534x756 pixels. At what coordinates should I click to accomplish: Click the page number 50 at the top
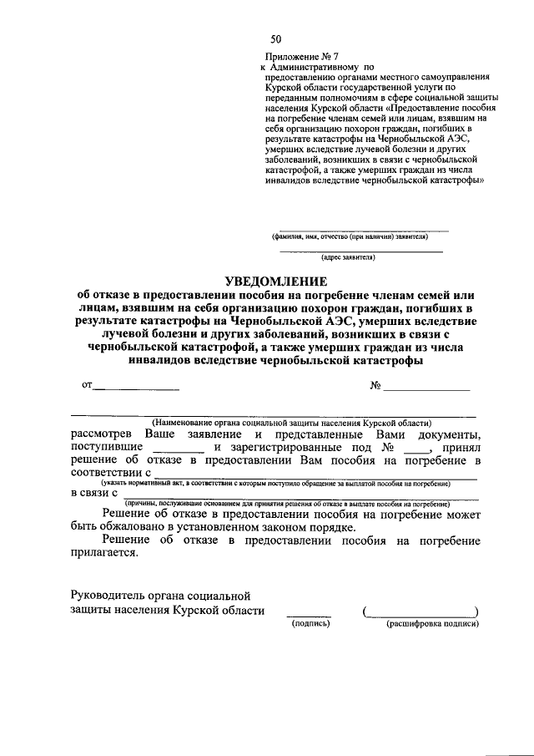[275, 40]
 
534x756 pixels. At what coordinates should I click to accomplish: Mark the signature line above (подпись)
[309, 614]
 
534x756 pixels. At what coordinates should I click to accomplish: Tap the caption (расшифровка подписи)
[431, 623]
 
